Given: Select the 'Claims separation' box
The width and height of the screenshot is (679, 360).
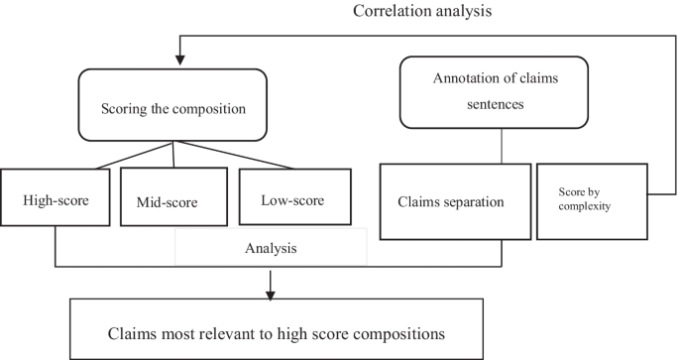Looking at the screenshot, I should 452,201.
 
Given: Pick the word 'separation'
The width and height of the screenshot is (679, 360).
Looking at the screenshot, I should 475,201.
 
